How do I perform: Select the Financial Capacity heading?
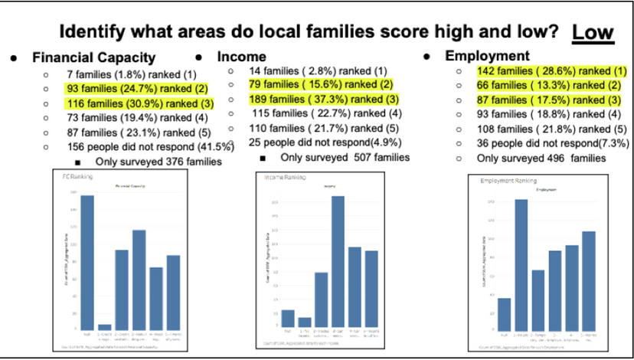pos(93,57)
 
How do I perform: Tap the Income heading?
pos(242,57)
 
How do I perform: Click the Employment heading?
pos(487,56)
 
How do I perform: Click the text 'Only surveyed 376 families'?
pos(158,162)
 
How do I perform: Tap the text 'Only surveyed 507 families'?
pos(345,157)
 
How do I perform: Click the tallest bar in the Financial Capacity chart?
pos(87,261)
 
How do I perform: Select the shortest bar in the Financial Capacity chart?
pos(105,326)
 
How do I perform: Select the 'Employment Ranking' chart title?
pos(508,181)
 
